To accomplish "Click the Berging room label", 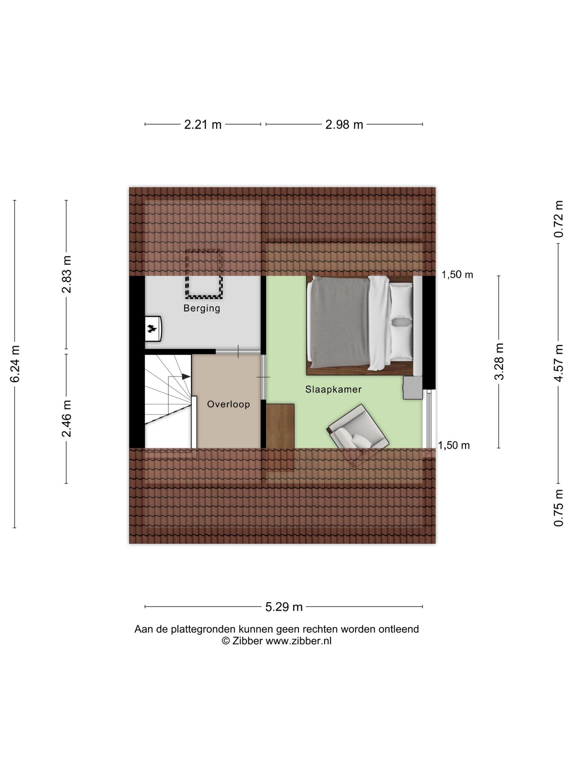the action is pyautogui.click(x=202, y=309).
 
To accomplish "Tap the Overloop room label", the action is pyautogui.click(x=228, y=404).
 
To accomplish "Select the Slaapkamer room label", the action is pyautogui.click(x=334, y=389).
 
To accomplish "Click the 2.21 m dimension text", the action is pyautogui.click(x=203, y=125).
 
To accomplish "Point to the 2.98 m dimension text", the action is pyautogui.click(x=344, y=125).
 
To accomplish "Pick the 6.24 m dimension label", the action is pyautogui.click(x=15, y=364).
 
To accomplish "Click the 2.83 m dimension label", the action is pyautogui.click(x=66, y=275).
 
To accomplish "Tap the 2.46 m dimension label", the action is pyautogui.click(x=66, y=419).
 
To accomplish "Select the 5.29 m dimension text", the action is pyautogui.click(x=284, y=607).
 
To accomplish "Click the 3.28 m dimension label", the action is pyautogui.click(x=499, y=361).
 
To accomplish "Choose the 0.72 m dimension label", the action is pyautogui.click(x=558, y=219).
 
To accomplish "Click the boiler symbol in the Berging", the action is pyautogui.click(x=153, y=329).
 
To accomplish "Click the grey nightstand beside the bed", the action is pyautogui.click(x=413, y=388).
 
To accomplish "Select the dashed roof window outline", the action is pyautogui.click(x=204, y=274).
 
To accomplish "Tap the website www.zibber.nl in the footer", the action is pyautogui.click(x=298, y=641).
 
